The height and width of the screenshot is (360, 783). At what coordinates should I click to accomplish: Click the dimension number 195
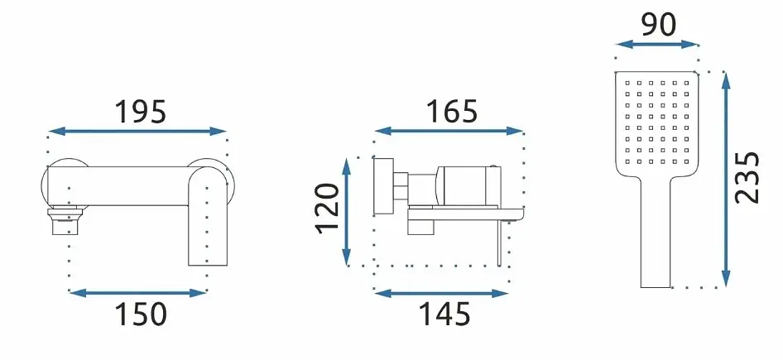pyautogui.click(x=141, y=112)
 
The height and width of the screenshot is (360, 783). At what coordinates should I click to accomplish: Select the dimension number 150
pyautogui.click(x=141, y=314)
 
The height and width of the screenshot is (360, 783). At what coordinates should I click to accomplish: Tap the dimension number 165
pyautogui.click(x=452, y=112)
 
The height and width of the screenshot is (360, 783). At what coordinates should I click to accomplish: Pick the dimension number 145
pyautogui.click(x=444, y=314)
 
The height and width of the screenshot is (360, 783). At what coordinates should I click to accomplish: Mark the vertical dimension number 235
pyautogui.click(x=747, y=177)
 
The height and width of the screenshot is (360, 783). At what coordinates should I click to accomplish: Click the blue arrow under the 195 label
pyautogui.click(x=138, y=132)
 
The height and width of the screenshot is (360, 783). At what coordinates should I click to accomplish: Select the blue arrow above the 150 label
pyautogui.click(x=138, y=293)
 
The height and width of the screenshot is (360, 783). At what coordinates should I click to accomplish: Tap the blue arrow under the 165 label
pyautogui.click(x=449, y=132)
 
